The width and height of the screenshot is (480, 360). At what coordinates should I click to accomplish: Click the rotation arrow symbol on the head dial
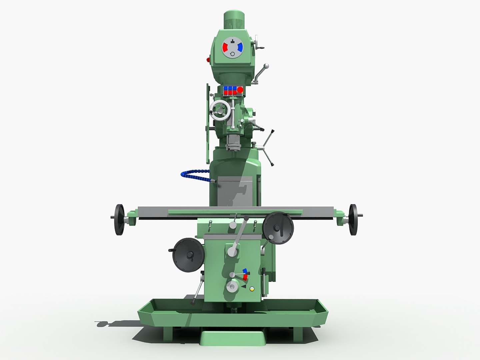point(232,56)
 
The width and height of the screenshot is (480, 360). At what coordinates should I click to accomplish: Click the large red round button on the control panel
point(239,89)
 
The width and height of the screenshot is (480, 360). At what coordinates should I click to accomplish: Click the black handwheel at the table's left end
point(119,220)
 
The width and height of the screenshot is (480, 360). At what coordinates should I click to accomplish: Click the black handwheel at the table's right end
point(353,220)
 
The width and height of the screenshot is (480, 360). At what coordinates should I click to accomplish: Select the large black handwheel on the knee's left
point(188,255)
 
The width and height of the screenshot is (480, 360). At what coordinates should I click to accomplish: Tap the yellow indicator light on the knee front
point(252,289)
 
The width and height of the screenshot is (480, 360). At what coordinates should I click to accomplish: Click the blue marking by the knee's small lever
point(245,270)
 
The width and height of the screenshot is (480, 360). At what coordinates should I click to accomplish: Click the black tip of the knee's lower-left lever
point(192,302)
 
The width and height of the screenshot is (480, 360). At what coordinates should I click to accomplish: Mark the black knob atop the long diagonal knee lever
point(246,218)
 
